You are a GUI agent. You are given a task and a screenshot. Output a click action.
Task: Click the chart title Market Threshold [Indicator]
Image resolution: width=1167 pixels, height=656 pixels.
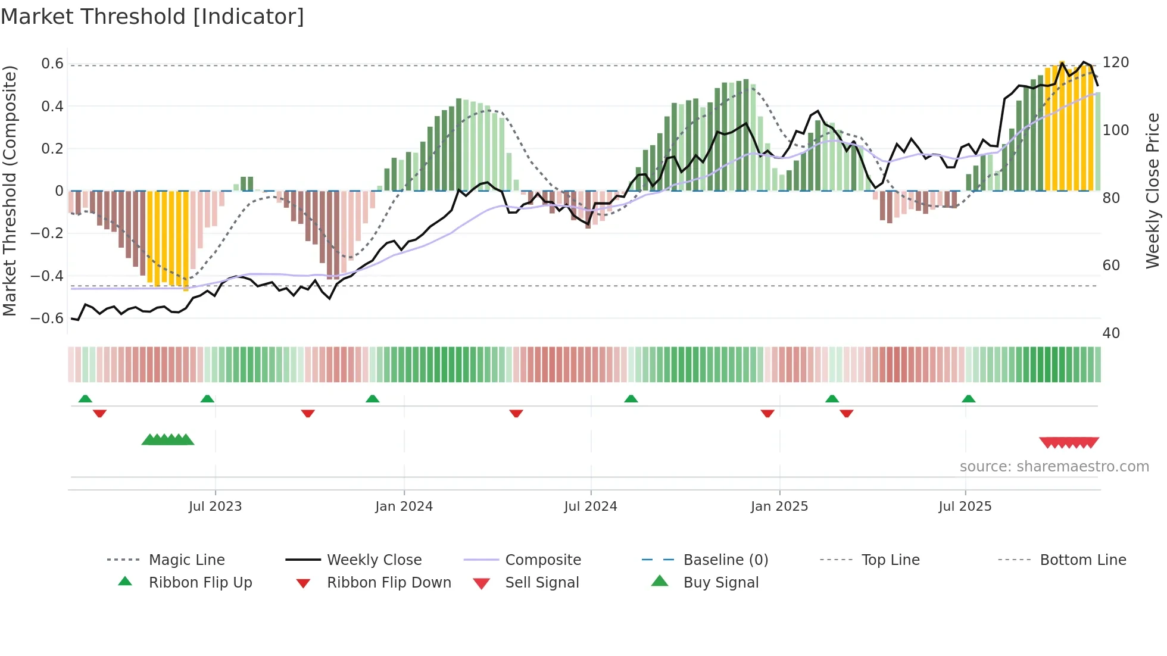click(x=152, y=17)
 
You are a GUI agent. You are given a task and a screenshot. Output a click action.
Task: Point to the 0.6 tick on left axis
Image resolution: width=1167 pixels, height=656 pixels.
click(x=52, y=64)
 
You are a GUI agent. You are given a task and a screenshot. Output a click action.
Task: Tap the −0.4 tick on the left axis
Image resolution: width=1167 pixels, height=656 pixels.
click(x=47, y=276)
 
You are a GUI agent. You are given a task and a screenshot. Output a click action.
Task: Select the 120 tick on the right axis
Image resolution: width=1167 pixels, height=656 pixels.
click(x=1115, y=63)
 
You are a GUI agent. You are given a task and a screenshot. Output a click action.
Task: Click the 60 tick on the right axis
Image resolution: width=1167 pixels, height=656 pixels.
click(x=1111, y=265)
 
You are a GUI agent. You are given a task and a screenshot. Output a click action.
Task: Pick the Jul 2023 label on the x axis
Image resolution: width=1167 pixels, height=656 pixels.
click(x=215, y=507)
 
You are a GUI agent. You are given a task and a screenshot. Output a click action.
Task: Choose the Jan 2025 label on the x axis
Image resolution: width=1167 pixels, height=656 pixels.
click(x=779, y=507)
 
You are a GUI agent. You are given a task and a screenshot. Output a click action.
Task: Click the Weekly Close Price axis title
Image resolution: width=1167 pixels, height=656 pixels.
click(x=1153, y=190)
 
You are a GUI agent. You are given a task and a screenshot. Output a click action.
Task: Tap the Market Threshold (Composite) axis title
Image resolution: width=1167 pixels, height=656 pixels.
click(x=10, y=190)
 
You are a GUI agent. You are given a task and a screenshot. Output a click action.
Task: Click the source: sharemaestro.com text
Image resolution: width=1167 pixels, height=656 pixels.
click(x=1054, y=467)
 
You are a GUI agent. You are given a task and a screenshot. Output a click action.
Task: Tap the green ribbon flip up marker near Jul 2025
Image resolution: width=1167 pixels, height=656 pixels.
click(x=968, y=399)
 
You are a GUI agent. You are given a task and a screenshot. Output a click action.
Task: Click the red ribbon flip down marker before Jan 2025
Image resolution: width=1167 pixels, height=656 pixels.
click(x=767, y=413)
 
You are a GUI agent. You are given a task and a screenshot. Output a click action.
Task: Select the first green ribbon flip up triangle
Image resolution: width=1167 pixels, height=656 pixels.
click(x=85, y=399)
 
